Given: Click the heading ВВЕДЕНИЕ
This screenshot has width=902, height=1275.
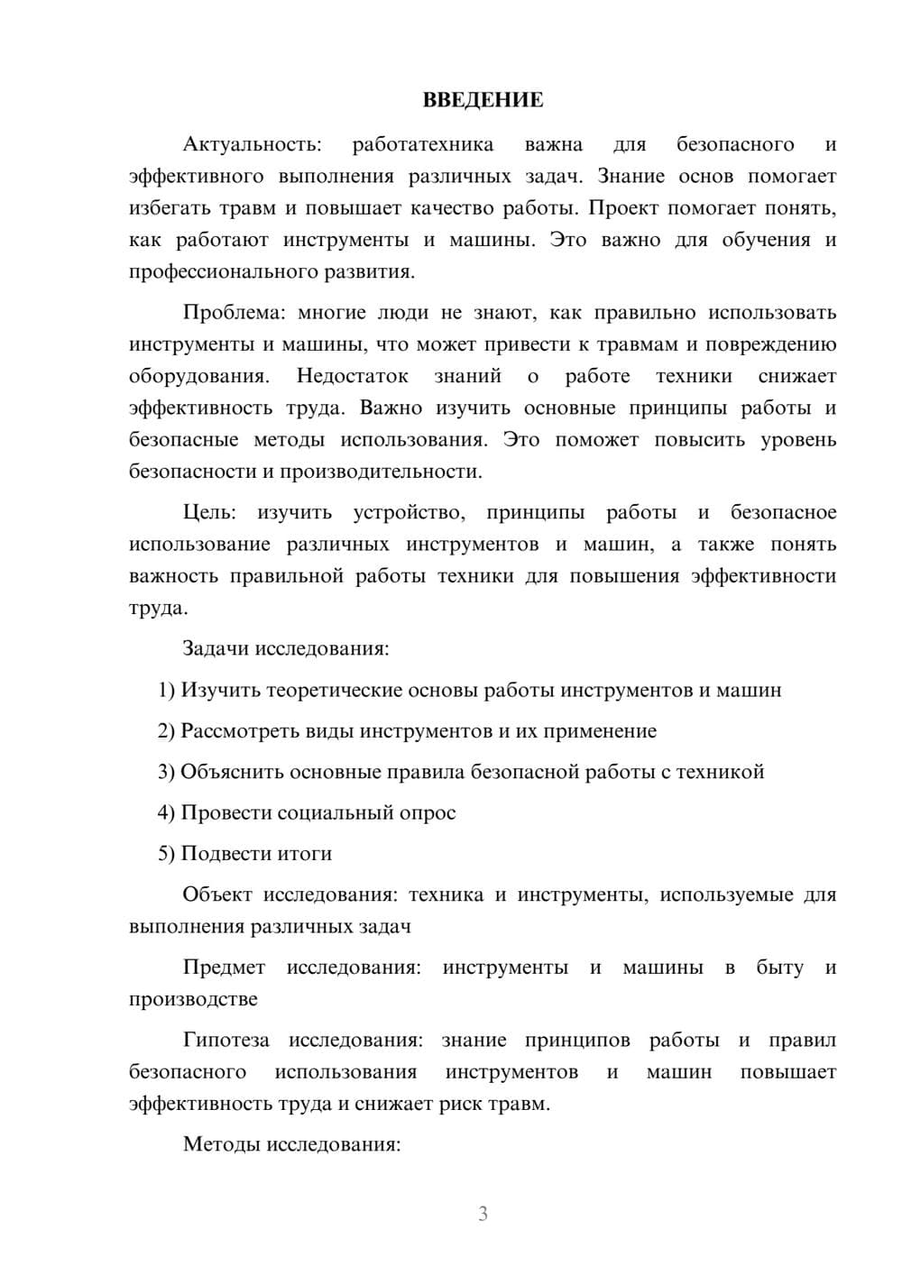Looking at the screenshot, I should [483, 100].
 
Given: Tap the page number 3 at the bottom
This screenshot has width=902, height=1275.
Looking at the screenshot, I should [483, 1214].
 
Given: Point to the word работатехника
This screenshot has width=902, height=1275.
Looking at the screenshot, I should [423, 144].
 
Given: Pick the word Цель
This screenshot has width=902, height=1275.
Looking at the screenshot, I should [209, 512].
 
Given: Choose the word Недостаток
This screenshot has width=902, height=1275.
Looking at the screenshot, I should [353, 376].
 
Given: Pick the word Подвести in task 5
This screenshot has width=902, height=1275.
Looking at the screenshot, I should [217, 853].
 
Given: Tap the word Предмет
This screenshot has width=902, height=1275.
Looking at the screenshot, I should [224, 968].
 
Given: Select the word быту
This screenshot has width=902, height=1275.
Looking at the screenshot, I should [779, 968].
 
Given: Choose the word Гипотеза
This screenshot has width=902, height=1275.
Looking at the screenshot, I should [225, 1040].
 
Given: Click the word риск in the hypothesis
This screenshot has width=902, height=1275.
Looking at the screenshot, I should [462, 1104].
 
